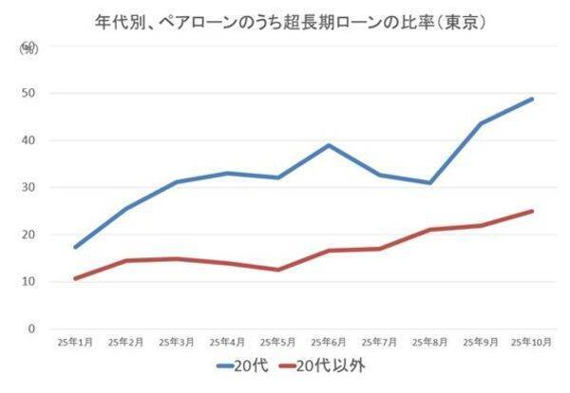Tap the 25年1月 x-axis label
click(74, 341)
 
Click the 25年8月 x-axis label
click(428, 341)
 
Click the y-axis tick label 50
click(29, 93)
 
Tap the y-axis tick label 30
click(29, 187)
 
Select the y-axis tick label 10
click(29, 282)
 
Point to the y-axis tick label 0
click(32, 329)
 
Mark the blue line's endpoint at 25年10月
click(532, 99)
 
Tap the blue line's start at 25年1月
click(74, 247)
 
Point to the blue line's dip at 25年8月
click(429, 183)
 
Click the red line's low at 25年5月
click(276, 270)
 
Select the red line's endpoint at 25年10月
click(532, 211)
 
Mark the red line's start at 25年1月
click(74, 278)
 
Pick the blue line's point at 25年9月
click(481, 123)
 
